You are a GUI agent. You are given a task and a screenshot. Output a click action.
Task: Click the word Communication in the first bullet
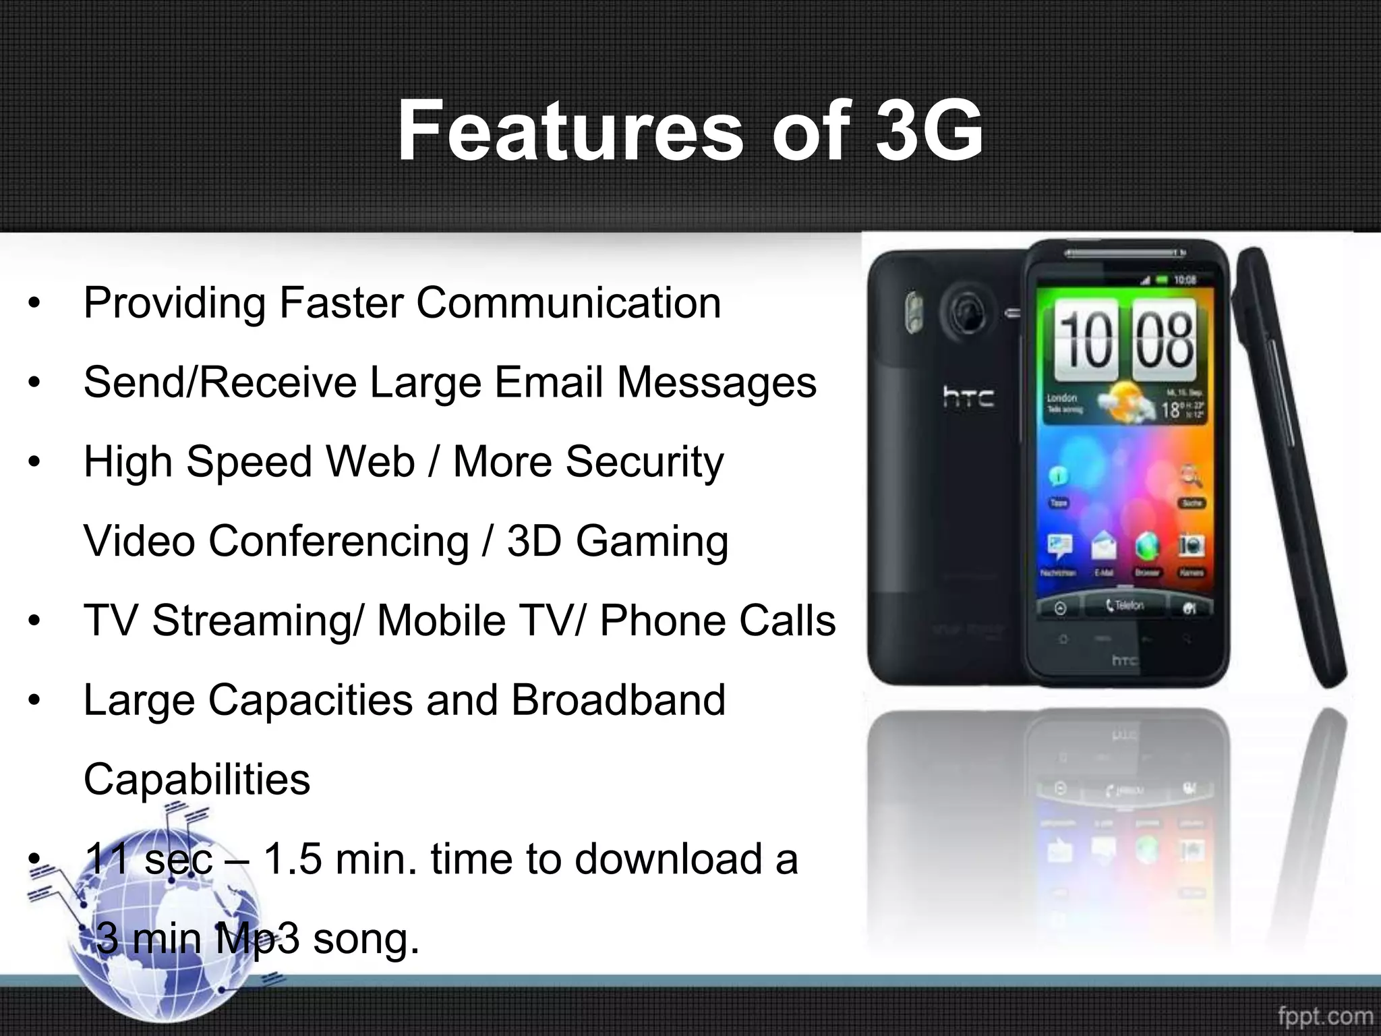pos(568,303)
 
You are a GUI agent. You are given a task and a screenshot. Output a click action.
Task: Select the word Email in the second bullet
pos(549,382)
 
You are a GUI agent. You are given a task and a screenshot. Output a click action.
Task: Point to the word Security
pos(645,463)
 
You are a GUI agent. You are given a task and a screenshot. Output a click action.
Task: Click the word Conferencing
pos(339,542)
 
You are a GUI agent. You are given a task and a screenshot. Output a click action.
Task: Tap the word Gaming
pos(652,542)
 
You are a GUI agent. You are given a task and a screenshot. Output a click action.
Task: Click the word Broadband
pos(618,699)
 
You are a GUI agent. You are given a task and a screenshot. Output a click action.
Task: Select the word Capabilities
pos(197,779)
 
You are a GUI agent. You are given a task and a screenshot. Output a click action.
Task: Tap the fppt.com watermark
pos(1325,1016)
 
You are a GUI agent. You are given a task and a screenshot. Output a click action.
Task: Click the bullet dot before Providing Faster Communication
pos(35,304)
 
